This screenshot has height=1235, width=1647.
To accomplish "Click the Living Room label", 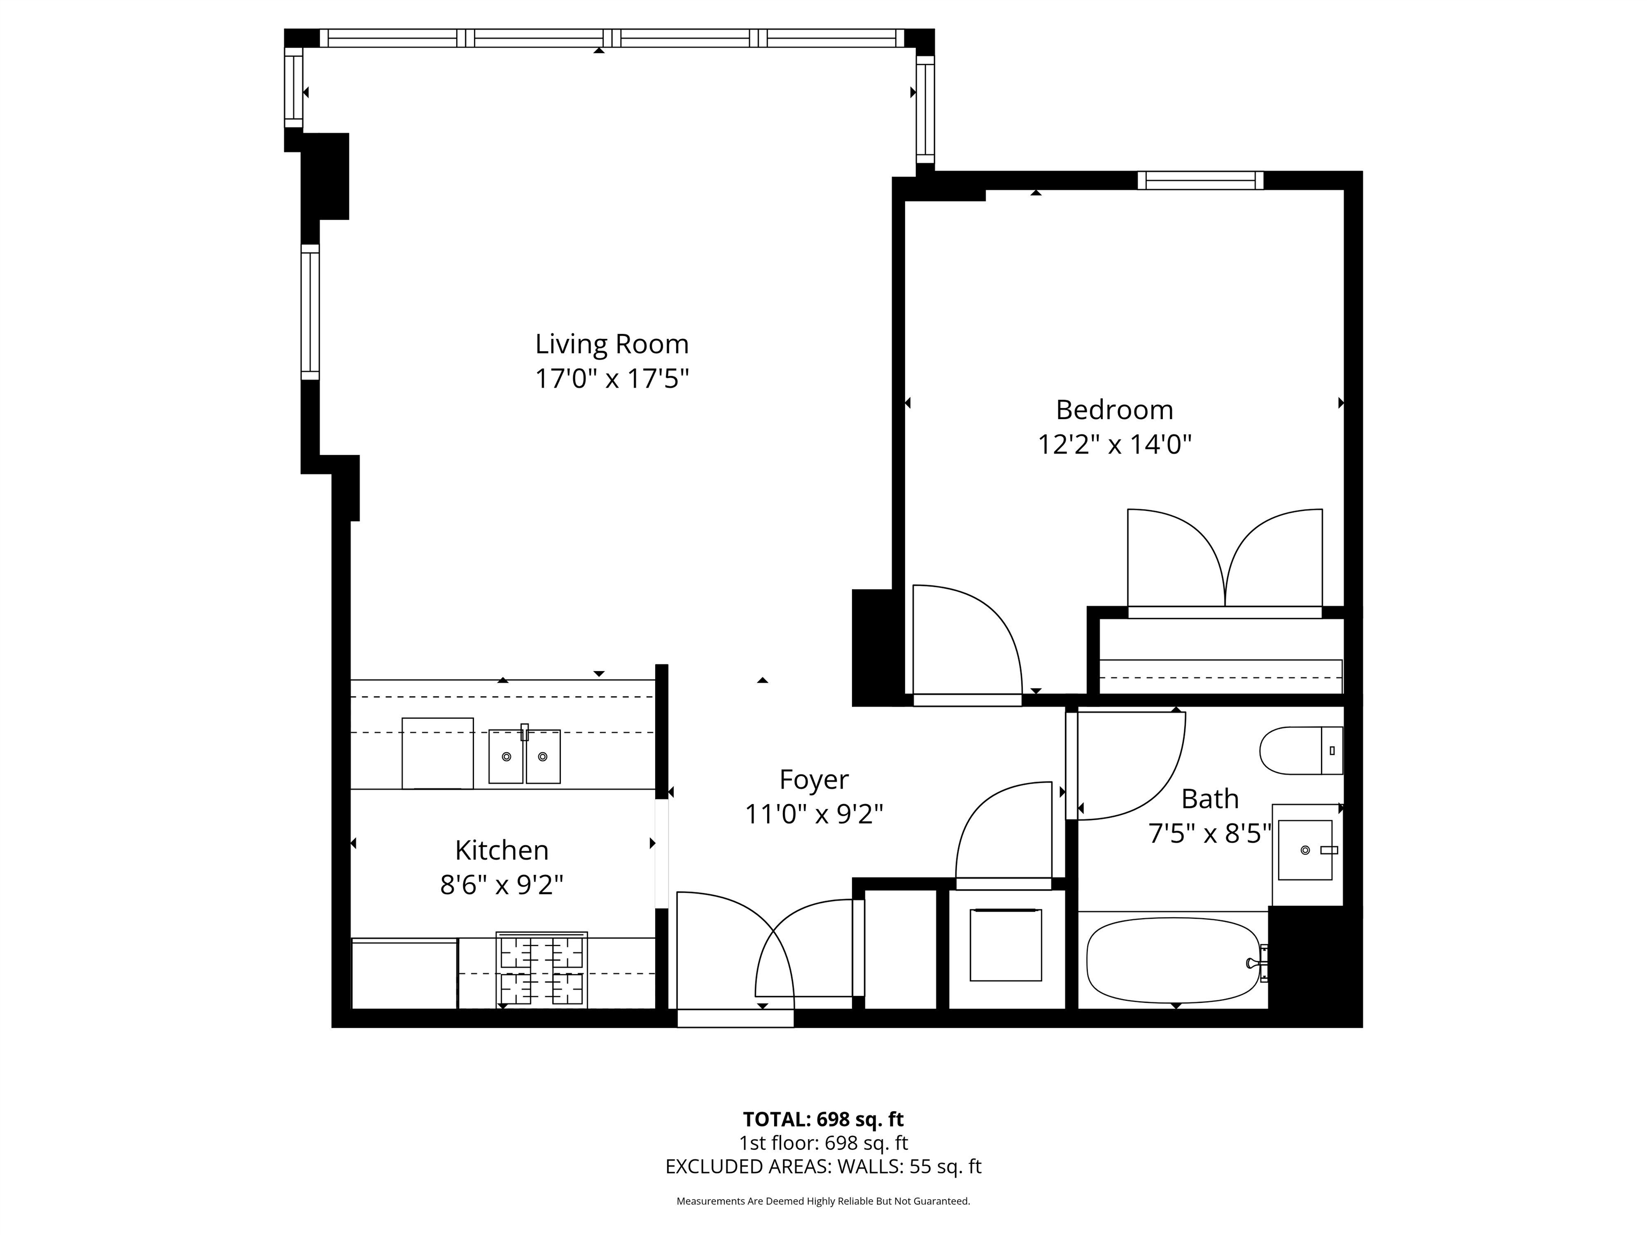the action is click(x=612, y=344).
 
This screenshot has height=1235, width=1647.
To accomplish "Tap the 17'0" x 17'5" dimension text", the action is click(x=612, y=379).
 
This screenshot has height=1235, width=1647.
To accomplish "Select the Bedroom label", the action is click(x=1115, y=410).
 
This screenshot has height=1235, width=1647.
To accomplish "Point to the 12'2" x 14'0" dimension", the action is click(x=1115, y=444).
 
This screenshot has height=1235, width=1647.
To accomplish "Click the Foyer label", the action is click(x=814, y=779).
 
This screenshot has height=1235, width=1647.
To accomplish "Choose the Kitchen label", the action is click(x=502, y=850).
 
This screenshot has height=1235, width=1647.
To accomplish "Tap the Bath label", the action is click(x=1210, y=799).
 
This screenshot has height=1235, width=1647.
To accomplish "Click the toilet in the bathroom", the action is click(x=1301, y=750).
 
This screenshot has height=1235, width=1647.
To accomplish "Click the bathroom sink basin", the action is click(x=1305, y=850).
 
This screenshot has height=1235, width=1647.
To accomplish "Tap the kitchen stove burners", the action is click(x=541, y=970).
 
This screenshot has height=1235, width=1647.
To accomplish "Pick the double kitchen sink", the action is click(x=524, y=755).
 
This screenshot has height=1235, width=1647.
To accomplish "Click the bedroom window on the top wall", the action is click(x=1200, y=180).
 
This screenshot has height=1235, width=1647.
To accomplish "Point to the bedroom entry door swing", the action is click(x=967, y=642).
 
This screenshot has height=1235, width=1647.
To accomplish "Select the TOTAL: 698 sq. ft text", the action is click(x=823, y=1119).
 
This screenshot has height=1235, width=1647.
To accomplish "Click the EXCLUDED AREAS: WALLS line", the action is click(x=823, y=1166).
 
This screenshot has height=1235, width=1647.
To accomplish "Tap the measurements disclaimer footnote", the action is click(x=823, y=1201).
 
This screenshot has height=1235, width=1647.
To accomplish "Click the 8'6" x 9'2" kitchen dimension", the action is click(x=502, y=885).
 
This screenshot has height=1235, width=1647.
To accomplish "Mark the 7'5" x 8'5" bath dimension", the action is click(x=1210, y=834).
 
